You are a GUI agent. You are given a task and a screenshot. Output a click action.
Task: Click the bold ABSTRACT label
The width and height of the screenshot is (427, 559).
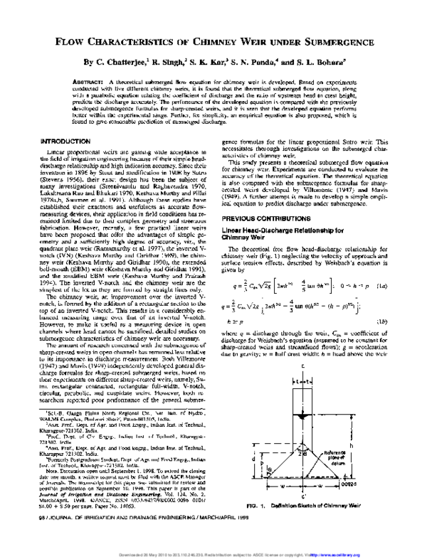[87, 82]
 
